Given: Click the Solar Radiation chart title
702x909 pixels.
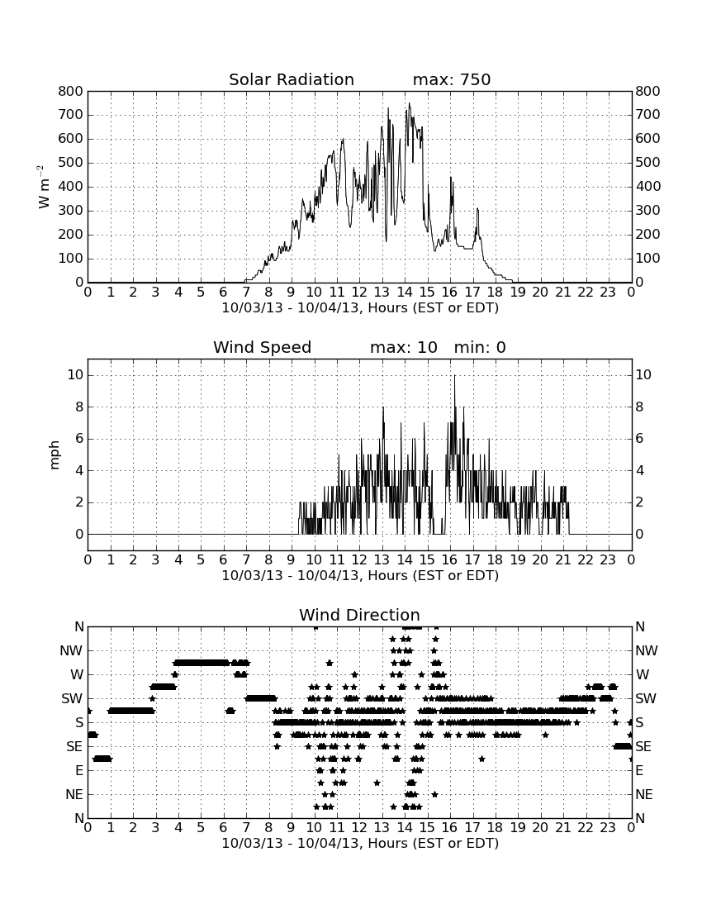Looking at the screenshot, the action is tap(292, 79).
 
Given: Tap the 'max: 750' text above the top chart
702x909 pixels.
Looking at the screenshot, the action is tap(452, 79).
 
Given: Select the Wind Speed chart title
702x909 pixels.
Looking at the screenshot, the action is tap(263, 347).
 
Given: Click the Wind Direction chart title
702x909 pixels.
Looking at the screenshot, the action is tap(360, 615).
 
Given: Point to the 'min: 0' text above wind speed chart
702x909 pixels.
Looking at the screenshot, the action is tap(480, 347).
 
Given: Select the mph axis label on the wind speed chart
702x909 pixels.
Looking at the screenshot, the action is tap(55, 455).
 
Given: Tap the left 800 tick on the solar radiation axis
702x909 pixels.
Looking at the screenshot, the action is tap(71, 91).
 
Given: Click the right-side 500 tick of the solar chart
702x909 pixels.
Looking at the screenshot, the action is tap(647, 162).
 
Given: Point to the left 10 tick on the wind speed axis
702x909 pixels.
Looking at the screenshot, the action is tap(75, 375).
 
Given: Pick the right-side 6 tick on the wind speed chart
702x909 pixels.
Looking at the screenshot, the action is tap(639, 438).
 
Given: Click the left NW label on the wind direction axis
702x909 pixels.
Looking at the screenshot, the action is tap(71, 651).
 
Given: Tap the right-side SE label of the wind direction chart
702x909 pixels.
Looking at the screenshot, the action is tap(643, 747).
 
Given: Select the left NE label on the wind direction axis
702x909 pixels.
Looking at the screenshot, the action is tap(74, 794).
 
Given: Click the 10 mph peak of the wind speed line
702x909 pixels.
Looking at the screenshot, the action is tap(455, 376).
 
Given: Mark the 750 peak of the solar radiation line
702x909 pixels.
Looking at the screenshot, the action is tap(409, 104).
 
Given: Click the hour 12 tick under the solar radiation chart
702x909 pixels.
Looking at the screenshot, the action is tap(360, 292).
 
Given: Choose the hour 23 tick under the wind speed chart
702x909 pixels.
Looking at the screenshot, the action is tap(608, 559).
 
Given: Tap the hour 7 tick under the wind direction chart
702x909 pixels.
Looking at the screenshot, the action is tap(246, 827).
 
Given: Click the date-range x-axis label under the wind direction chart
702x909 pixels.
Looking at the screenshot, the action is tap(360, 843).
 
